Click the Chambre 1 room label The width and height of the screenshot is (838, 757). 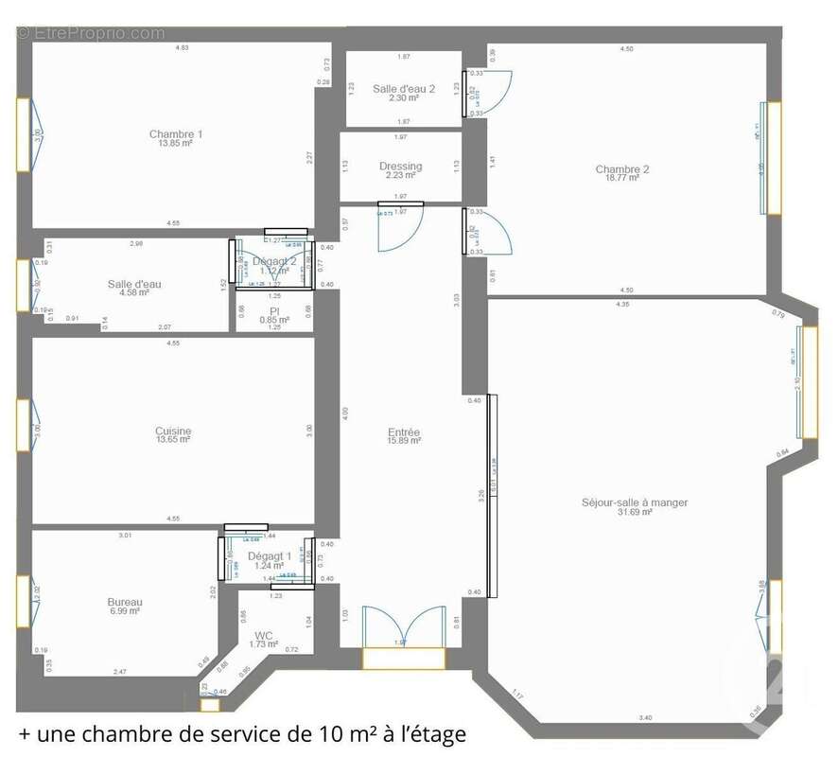coord(176,134)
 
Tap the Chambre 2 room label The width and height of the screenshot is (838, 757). coord(622,170)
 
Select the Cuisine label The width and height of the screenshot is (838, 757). coord(173,431)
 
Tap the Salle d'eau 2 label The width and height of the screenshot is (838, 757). coord(404,89)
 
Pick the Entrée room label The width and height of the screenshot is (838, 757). coord(404,431)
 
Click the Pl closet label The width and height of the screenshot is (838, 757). coord(274,310)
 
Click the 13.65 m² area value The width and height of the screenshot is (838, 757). coord(173,440)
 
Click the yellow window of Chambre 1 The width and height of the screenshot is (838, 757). coord(24,134)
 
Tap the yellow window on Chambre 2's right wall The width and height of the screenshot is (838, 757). coord(774,158)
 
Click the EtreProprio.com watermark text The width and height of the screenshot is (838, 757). coord(90,33)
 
